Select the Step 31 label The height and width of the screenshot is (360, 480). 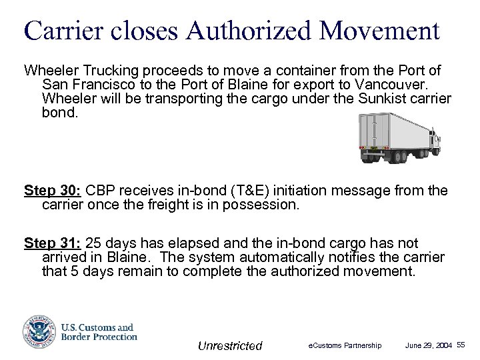click(51, 243)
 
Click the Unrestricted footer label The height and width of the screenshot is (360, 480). click(230, 345)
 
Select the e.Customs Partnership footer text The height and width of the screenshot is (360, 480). click(345, 345)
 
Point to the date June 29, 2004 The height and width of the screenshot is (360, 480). click(429, 345)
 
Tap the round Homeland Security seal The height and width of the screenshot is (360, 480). click(38, 331)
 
